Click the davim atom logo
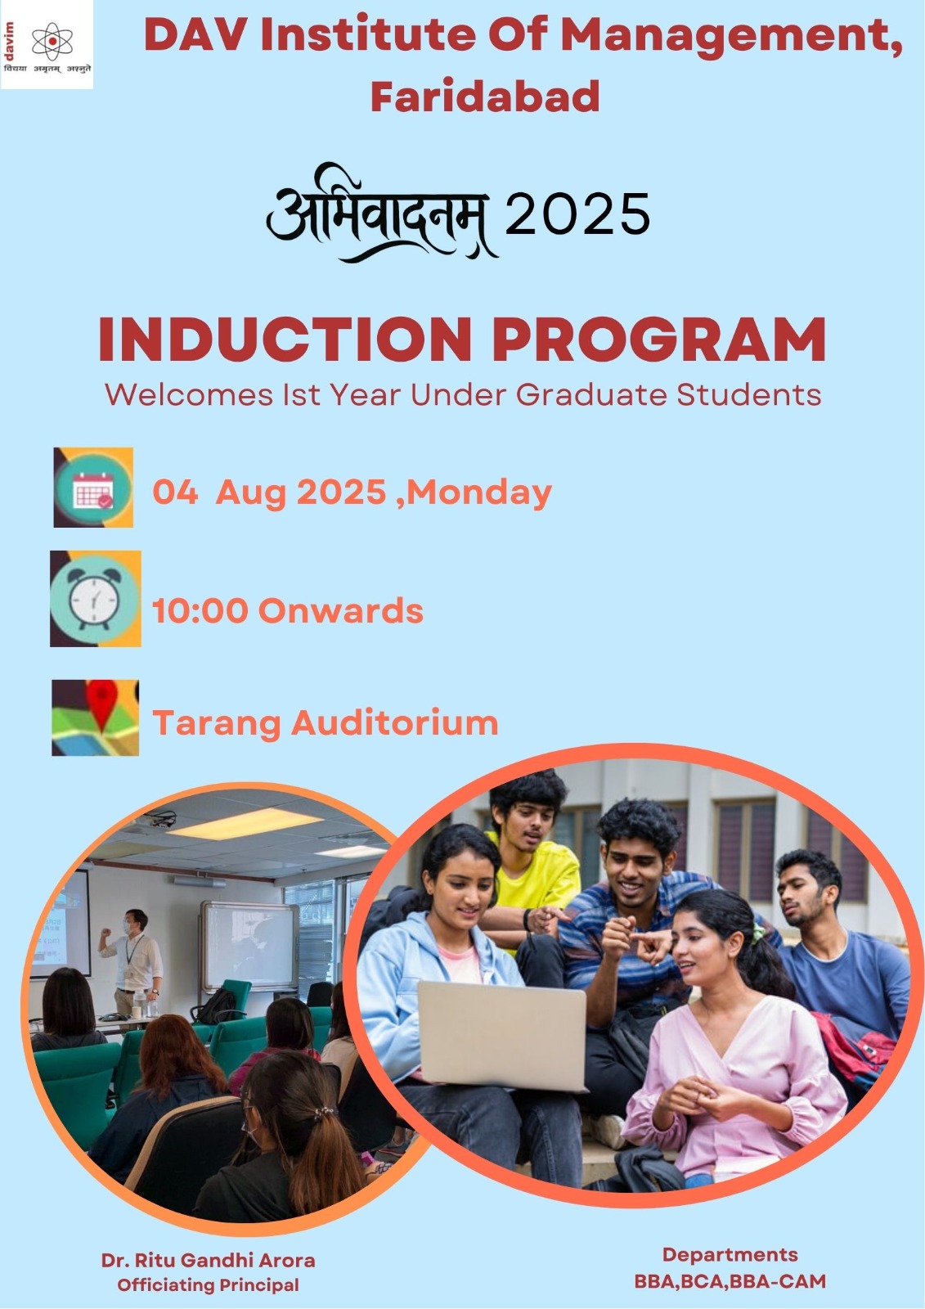[52, 42]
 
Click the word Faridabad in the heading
[485, 97]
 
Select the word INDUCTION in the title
[285, 339]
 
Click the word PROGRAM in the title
[659, 339]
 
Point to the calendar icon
[93, 488]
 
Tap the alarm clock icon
[95, 598]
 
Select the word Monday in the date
[479, 492]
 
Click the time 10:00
[200, 610]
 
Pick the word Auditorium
[394, 723]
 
